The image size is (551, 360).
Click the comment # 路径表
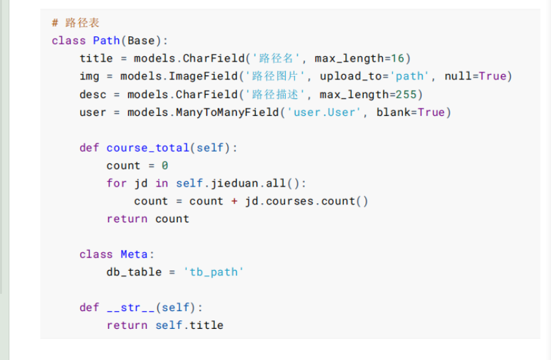pyautogui.click(x=76, y=23)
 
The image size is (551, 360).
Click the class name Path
pyautogui.click(x=106, y=41)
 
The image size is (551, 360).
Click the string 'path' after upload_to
pyautogui.click(x=411, y=77)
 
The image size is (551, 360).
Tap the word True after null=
pyautogui.click(x=492, y=77)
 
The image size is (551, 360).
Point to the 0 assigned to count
pyautogui.click(x=165, y=166)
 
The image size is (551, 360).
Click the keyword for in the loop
pyautogui.click(x=116, y=183)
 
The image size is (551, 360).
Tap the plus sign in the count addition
pyautogui.click(x=234, y=201)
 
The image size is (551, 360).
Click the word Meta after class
pyautogui.click(x=134, y=255)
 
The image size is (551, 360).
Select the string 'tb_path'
pyautogui.click(x=213, y=272)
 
